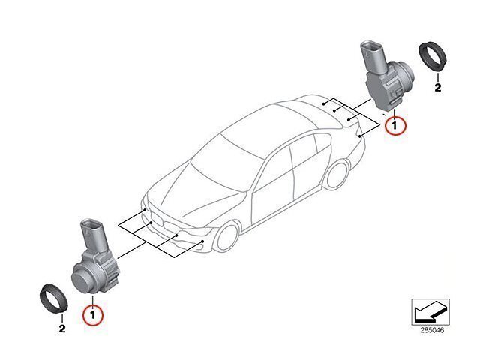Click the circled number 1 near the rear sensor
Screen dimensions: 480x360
point(395,125)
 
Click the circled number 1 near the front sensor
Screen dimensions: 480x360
point(93,315)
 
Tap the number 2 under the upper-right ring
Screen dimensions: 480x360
point(438,88)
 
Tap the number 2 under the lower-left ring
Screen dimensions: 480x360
point(62,328)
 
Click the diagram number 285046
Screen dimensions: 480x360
point(432,330)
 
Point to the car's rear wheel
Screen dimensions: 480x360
point(337,175)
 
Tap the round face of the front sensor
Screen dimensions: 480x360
point(82,280)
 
